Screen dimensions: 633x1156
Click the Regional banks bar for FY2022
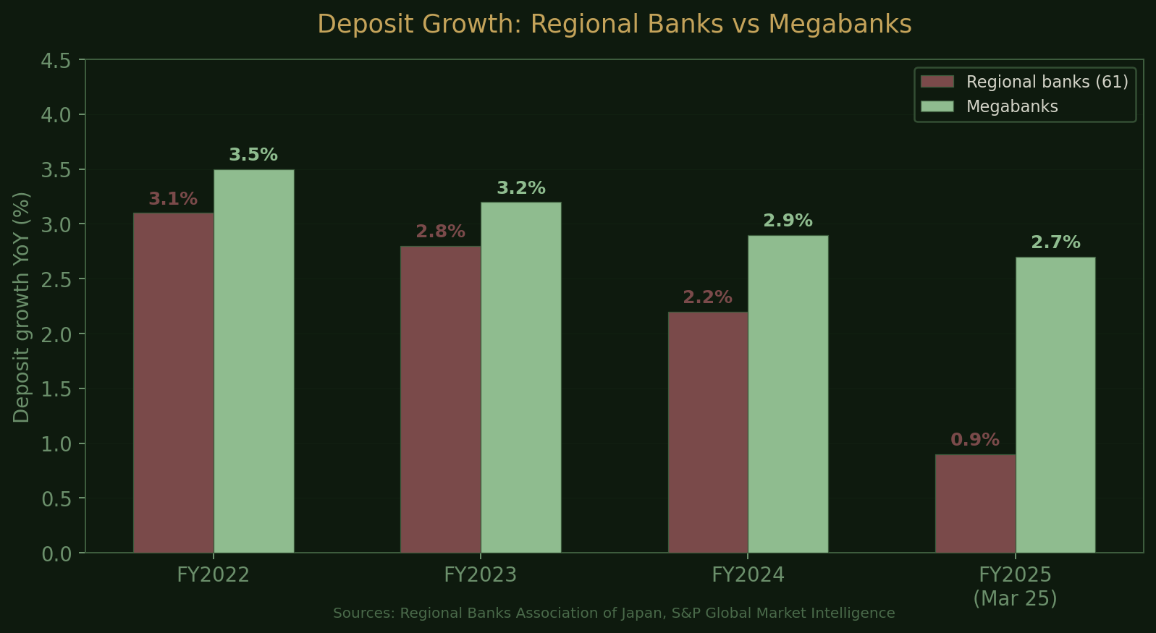174,383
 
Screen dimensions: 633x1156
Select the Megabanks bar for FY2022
254,361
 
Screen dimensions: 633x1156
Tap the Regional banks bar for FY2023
441,399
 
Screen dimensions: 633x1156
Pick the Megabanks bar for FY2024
788,394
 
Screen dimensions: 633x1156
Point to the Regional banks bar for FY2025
975,504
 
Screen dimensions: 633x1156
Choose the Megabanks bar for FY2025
1055,405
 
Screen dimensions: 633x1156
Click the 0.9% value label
975,440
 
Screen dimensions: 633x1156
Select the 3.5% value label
253,155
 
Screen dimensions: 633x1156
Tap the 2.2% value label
707,297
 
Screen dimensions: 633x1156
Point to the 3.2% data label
521,188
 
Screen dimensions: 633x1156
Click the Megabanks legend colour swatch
937,106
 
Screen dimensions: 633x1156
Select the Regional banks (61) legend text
1047,82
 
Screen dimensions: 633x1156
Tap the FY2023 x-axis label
481,575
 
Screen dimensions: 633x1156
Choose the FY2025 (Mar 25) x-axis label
1015,587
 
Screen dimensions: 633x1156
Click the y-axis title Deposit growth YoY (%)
22,307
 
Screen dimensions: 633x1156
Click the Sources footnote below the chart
614,613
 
